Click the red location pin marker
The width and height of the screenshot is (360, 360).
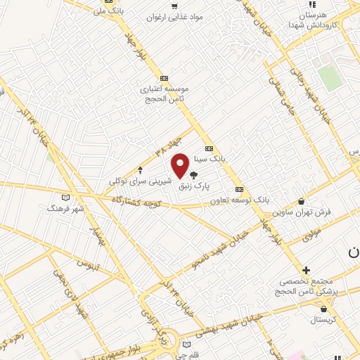click(180, 165)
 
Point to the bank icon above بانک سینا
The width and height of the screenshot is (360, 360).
click(208, 148)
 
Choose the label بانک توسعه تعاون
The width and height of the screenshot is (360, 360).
click(240, 200)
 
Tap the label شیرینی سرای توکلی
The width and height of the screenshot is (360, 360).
click(139, 181)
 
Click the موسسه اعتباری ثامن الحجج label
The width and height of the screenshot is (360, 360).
click(164, 95)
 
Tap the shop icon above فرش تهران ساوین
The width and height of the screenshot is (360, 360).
click(302, 200)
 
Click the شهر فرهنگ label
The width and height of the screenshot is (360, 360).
click(65, 208)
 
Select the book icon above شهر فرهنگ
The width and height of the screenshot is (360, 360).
click(66, 198)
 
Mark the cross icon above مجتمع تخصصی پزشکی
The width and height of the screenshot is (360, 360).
click(306, 270)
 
